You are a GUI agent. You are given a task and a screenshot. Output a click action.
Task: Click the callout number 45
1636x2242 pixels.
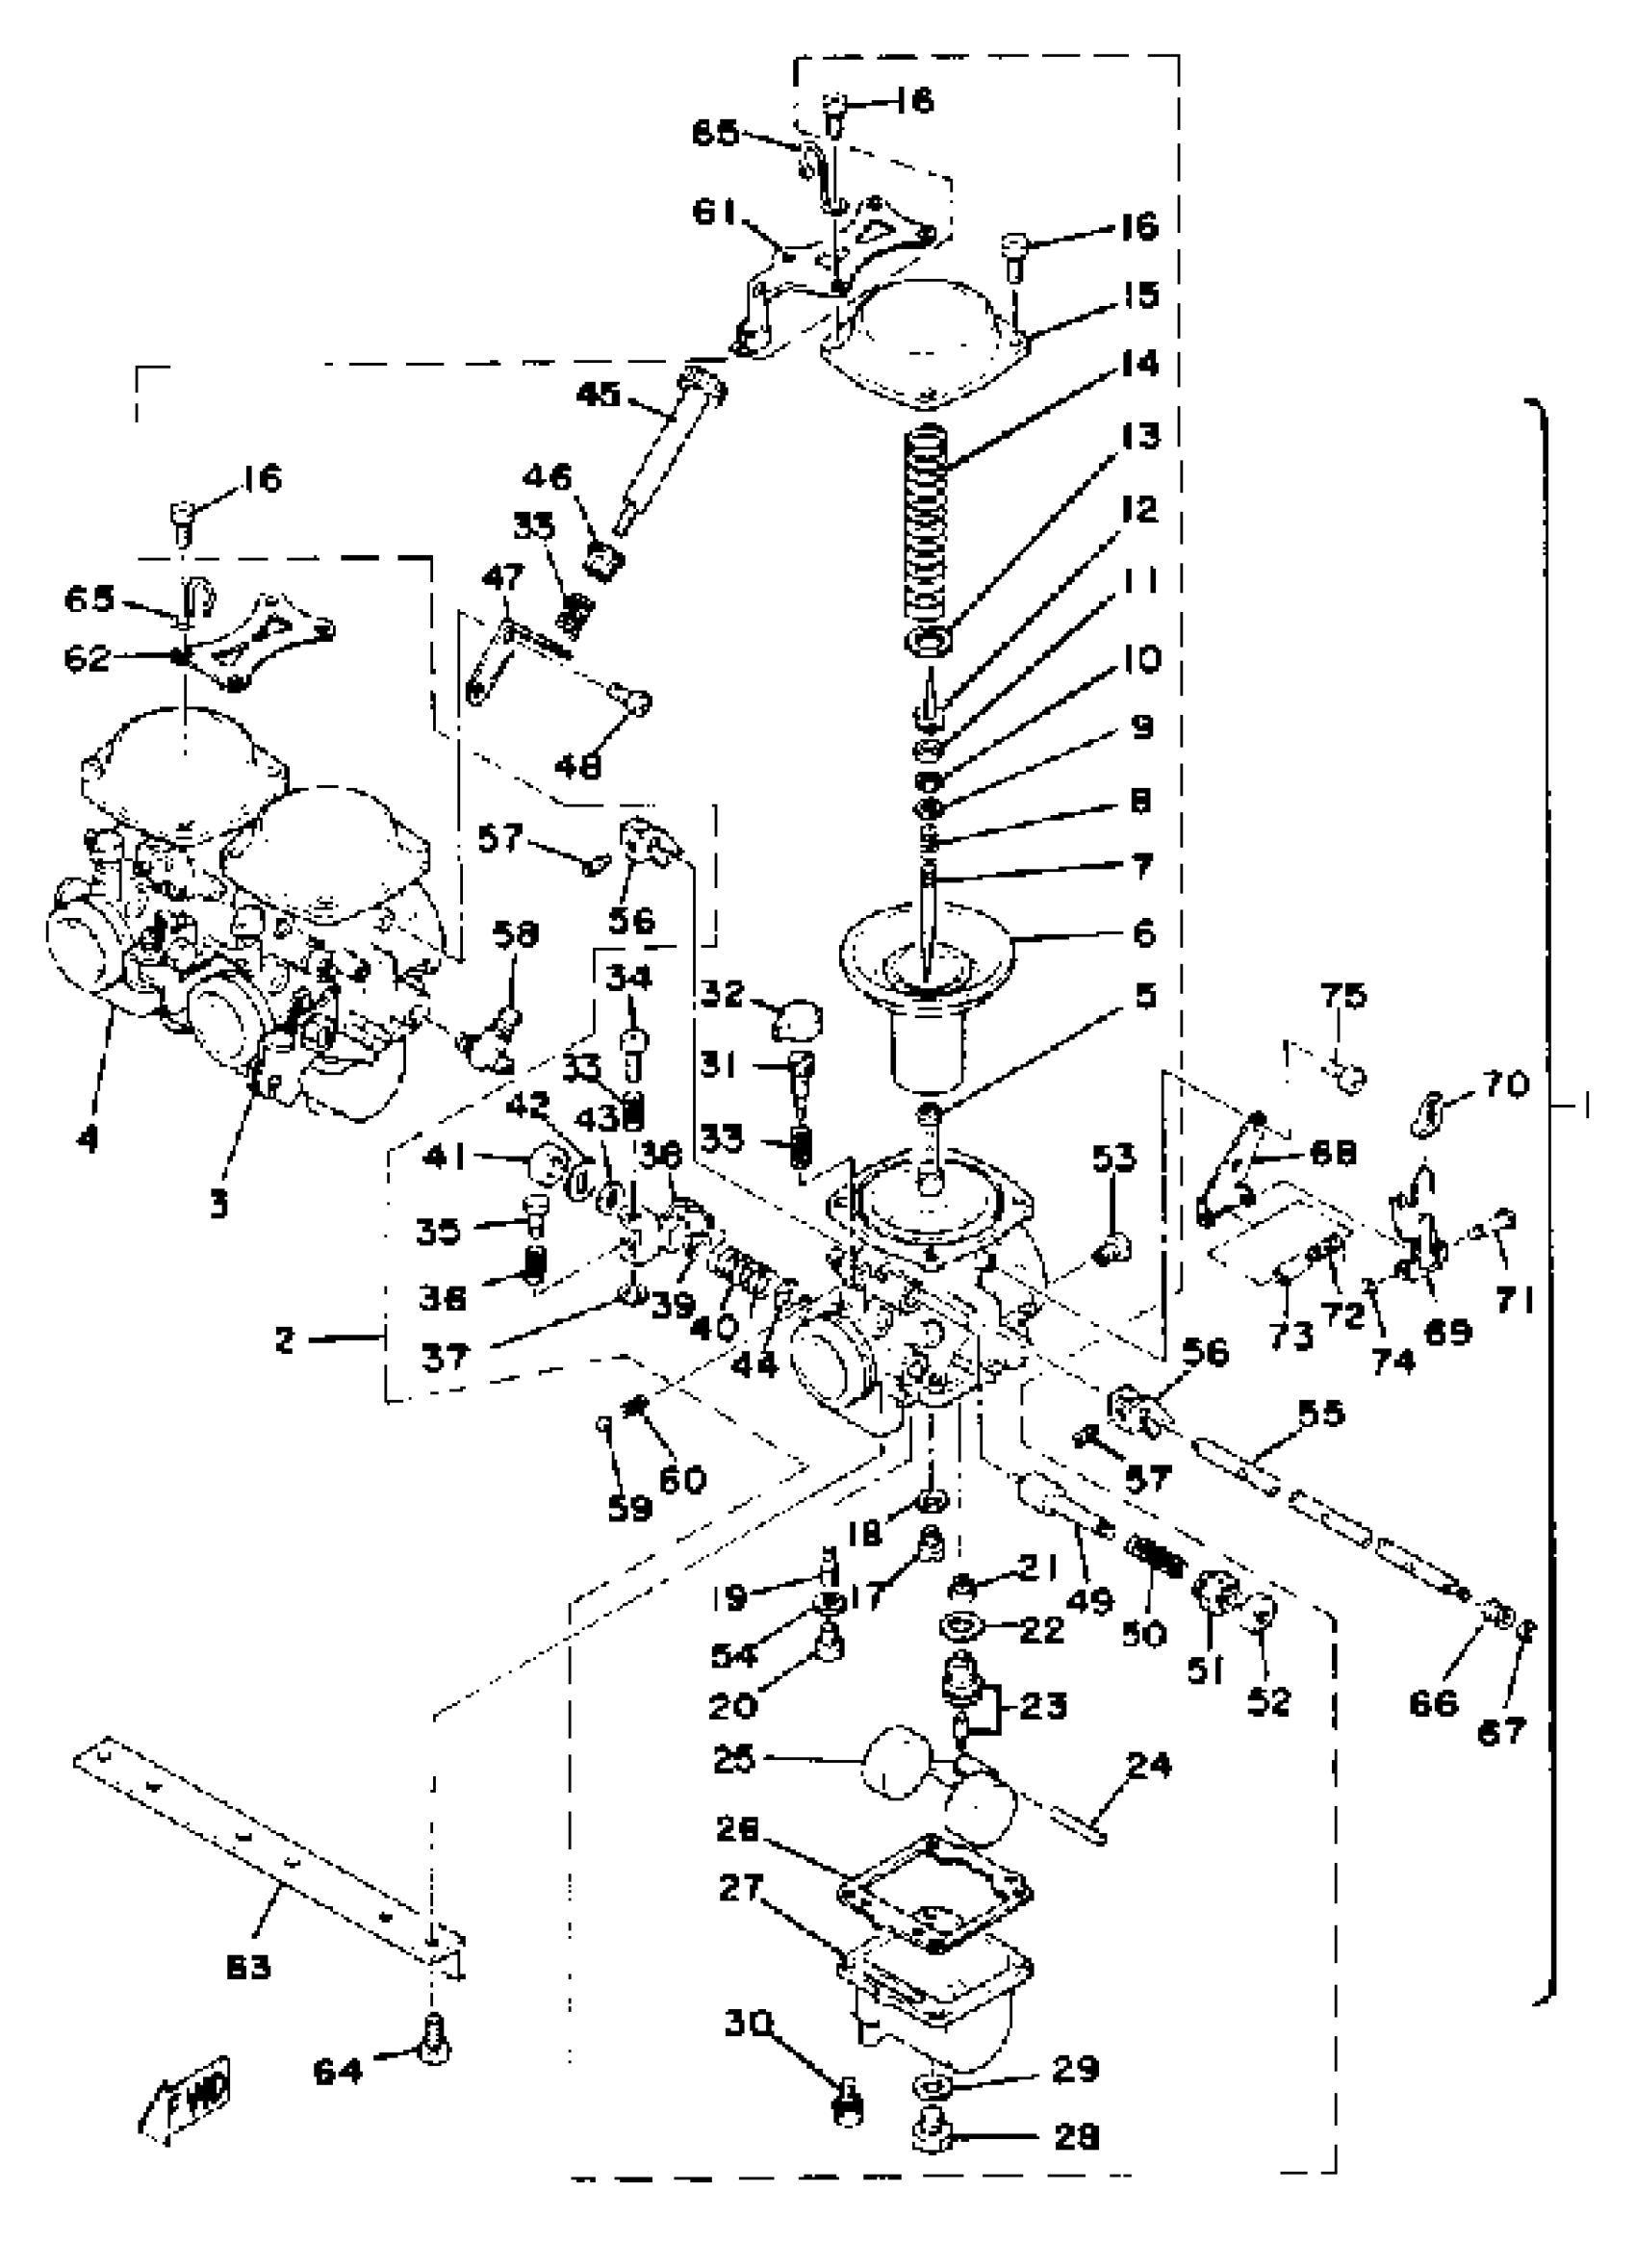click(x=599, y=395)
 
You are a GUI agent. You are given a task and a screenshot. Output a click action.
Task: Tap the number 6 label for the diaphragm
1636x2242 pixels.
click(x=1143, y=932)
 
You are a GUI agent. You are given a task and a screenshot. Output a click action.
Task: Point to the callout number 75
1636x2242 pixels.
click(x=1342, y=994)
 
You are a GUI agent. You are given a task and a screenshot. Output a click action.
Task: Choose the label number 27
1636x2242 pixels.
click(x=740, y=1889)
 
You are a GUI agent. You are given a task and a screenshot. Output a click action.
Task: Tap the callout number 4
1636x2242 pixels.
click(x=89, y=1140)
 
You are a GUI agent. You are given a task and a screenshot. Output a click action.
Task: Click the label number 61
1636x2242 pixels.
click(x=714, y=212)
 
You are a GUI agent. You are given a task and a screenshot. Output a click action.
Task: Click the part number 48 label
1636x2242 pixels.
click(x=578, y=766)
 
